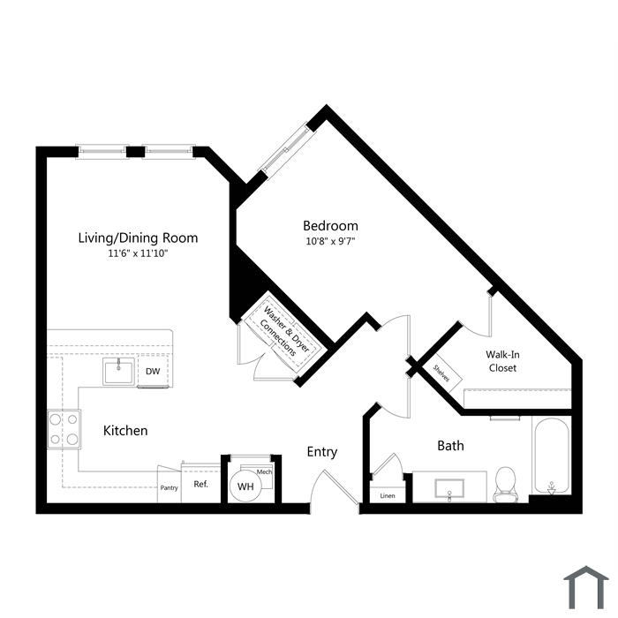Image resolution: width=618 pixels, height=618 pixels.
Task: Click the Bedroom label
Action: pyautogui.click(x=330, y=226)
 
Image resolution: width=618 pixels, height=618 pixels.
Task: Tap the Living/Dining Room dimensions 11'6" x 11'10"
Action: pyautogui.click(x=138, y=253)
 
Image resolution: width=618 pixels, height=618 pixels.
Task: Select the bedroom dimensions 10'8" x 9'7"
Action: pyautogui.click(x=330, y=241)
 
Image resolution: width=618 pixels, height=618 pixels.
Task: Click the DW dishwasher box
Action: pyautogui.click(x=153, y=372)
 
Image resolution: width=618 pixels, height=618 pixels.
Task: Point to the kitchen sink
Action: pyautogui.click(x=118, y=372)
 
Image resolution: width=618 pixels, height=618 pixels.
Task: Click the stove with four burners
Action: pyautogui.click(x=64, y=429)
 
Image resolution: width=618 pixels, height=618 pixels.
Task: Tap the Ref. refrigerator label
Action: pyautogui.click(x=200, y=484)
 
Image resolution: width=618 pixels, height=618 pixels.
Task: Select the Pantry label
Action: pyautogui.click(x=170, y=488)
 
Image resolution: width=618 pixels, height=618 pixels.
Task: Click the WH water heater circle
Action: pyautogui.click(x=245, y=486)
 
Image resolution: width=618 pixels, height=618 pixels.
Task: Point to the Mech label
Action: pyautogui.click(x=264, y=471)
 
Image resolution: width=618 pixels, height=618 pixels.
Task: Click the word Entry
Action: pyautogui.click(x=322, y=452)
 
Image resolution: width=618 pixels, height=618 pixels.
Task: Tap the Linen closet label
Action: pyautogui.click(x=388, y=496)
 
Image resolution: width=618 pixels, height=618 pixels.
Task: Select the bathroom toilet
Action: pyautogui.click(x=505, y=485)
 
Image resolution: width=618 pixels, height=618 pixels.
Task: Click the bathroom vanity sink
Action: pyautogui.click(x=449, y=489)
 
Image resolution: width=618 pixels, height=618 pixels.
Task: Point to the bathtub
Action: pyautogui.click(x=552, y=456)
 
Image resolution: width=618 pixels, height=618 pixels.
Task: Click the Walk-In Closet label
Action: pyautogui.click(x=502, y=361)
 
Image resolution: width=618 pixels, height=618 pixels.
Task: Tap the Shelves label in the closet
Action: pyautogui.click(x=441, y=373)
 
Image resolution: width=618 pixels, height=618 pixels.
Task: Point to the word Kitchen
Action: pyautogui.click(x=125, y=431)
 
